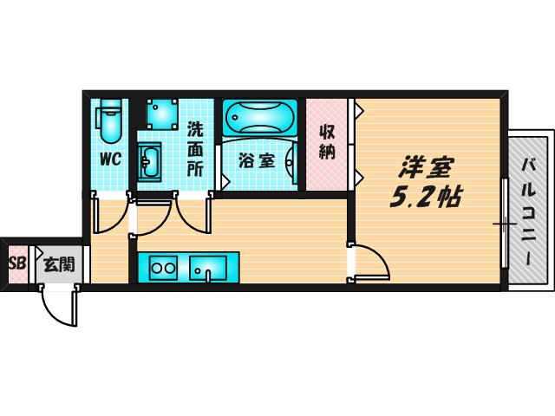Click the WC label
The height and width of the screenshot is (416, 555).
109,159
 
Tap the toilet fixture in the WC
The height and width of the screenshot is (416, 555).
109,121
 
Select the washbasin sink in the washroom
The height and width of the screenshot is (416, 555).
149,161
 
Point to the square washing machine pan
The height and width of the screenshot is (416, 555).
162,113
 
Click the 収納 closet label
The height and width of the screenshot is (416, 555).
327,143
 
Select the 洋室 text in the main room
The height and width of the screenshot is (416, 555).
428,166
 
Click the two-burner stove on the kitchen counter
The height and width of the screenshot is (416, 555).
162,268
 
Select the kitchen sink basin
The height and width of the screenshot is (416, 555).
208,268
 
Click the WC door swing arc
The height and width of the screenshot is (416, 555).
111,217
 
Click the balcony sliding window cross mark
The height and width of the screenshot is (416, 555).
505,224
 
